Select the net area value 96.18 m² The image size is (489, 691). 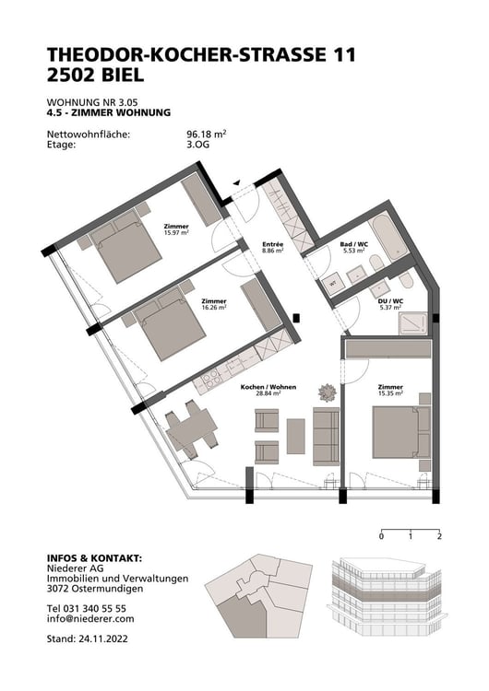pyautogui.click(x=206, y=134)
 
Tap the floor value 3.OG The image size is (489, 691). pyautogui.click(x=198, y=145)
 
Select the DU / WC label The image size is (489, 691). pyautogui.click(x=390, y=301)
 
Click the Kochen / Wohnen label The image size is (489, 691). pyautogui.click(x=268, y=387)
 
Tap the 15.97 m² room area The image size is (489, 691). pyautogui.click(x=176, y=233)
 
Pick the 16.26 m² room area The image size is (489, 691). pyautogui.click(x=214, y=308)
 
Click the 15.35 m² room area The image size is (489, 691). pyautogui.click(x=390, y=393)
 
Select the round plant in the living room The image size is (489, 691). pyautogui.click(x=327, y=392)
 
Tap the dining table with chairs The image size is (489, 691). pyautogui.click(x=191, y=431)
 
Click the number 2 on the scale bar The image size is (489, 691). pyautogui.click(x=440, y=535)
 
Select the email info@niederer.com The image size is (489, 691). pyautogui.click(x=90, y=619)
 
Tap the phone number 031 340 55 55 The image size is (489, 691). pyautogui.click(x=101, y=609)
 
